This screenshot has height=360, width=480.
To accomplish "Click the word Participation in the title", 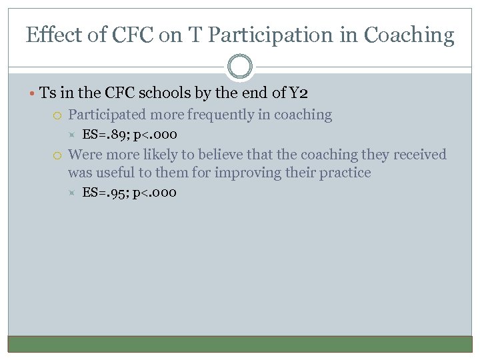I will pyautogui.click(x=257, y=35).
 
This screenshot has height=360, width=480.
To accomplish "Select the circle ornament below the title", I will pyautogui.click(x=240, y=67).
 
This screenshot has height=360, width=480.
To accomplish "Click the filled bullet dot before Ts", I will pyautogui.click(x=33, y=93).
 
